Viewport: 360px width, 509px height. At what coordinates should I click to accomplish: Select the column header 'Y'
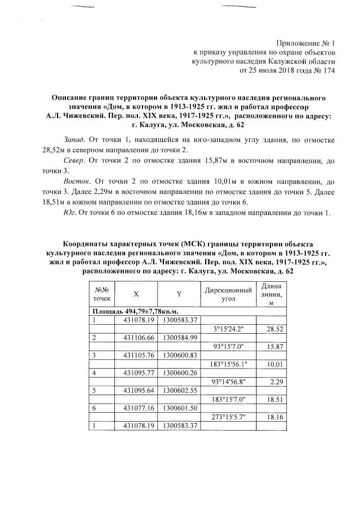click(179, 294)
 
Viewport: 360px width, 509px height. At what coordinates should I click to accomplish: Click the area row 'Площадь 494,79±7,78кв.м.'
click(127, 311)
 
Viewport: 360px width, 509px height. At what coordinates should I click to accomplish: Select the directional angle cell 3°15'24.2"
click(228, 329)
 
